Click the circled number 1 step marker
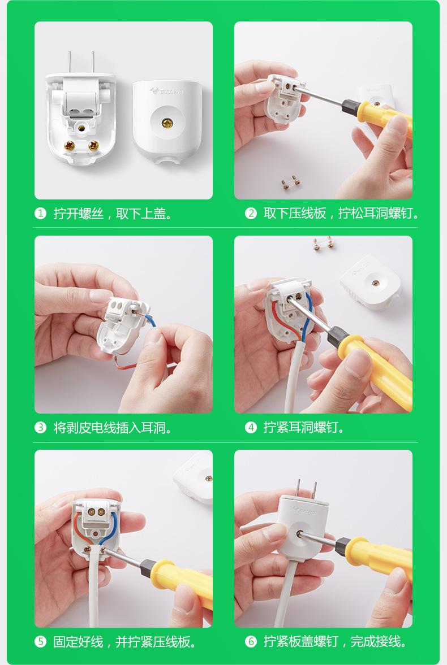tap(40, 214)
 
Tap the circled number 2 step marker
tap(251, 214)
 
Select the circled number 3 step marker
tap(40, 428)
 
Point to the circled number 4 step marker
tap(251, 428)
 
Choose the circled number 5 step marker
tap(40, 642)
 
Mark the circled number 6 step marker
tap(251, 642)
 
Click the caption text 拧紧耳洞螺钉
tap(304, 428)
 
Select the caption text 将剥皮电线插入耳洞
tap(113, 428)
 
